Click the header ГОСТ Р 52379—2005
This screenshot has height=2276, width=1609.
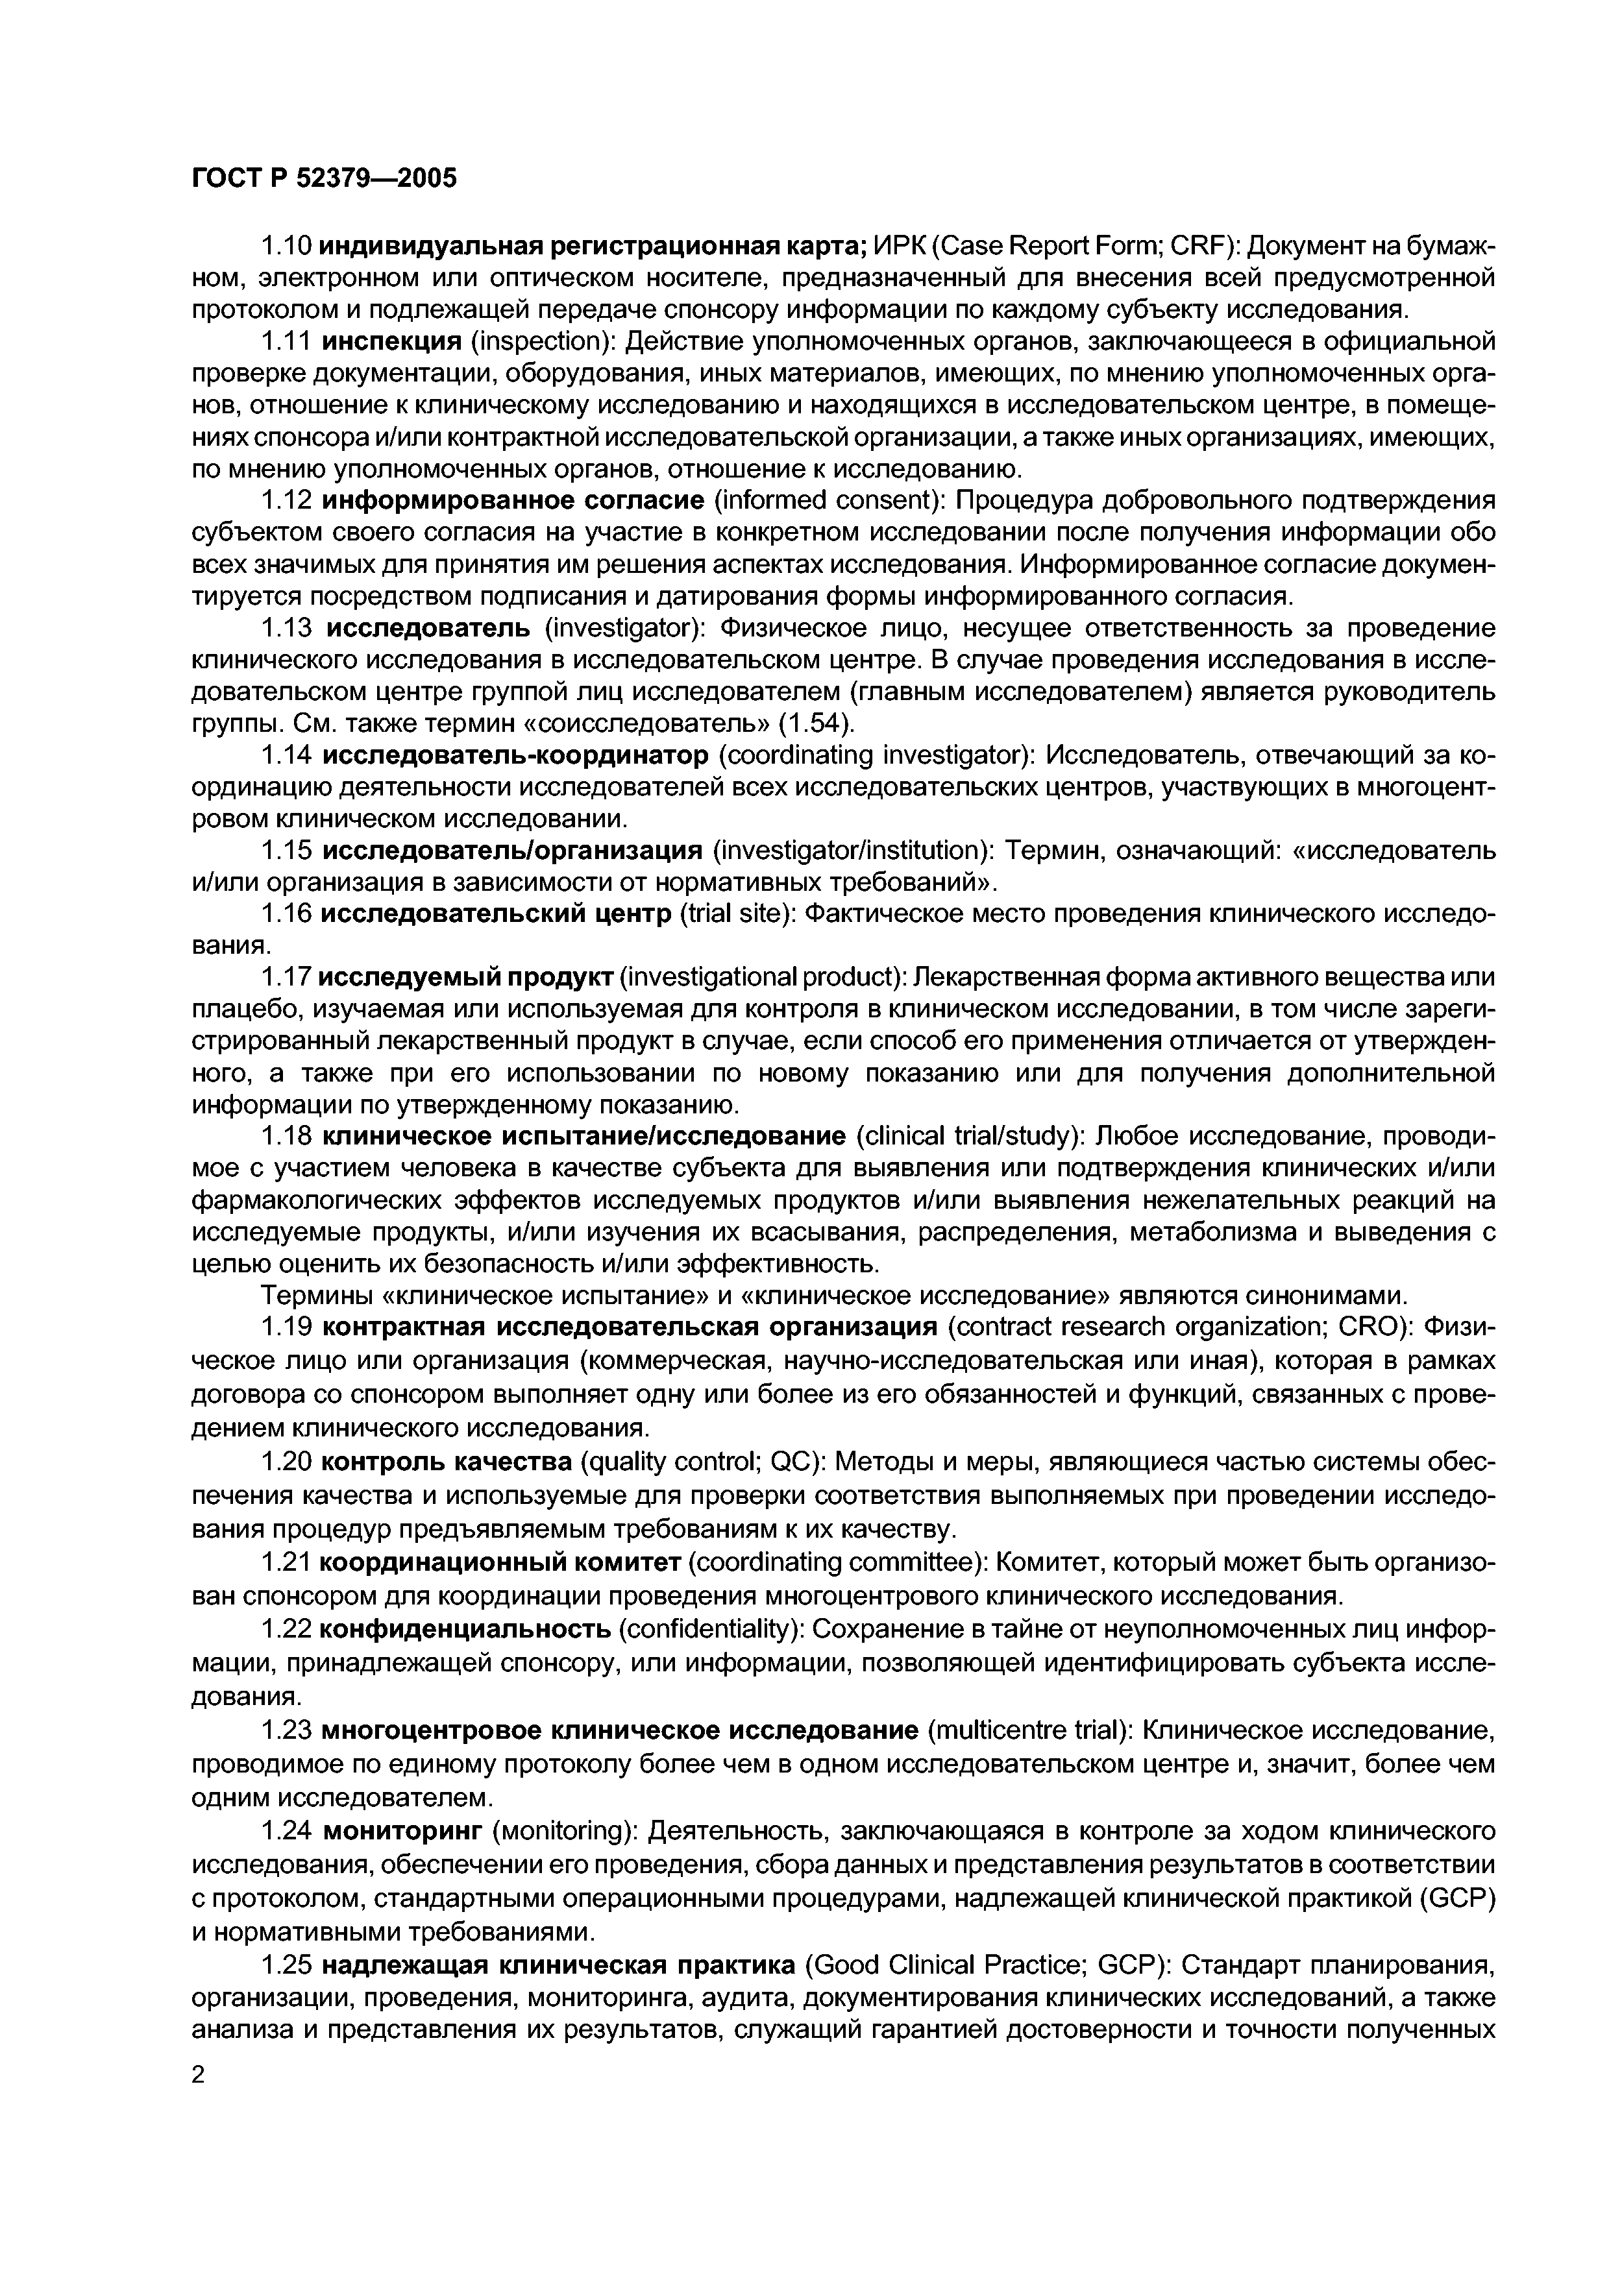[x=323, y=178]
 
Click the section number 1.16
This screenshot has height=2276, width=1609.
[x=286, y=912]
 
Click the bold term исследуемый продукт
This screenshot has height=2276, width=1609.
[x=466, y=977]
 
